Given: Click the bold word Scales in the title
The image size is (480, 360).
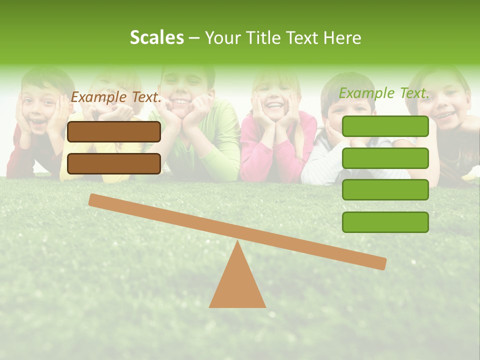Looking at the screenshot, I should (x=156, y=37).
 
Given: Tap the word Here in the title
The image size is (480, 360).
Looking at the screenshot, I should (x=343, y=38).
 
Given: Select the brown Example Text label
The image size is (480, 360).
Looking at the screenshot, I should (x=116, y=97).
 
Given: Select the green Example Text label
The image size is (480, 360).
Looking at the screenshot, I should (x=384, y=93).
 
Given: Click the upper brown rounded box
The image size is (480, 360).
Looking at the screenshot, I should (x=114, y=131).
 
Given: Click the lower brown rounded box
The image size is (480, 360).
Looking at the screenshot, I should (x=114, y=163).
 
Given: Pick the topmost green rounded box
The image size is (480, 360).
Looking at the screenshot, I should (x=385, y=126).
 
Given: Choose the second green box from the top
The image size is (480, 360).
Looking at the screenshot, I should (x=385, y=158).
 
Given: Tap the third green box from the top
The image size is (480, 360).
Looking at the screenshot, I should (x=385, y=190).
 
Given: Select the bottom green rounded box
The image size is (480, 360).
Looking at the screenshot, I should (x=385, y=222).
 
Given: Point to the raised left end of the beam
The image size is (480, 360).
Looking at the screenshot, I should (x=95, y=199).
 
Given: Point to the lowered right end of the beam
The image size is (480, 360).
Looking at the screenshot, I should (x=380, y=263).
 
